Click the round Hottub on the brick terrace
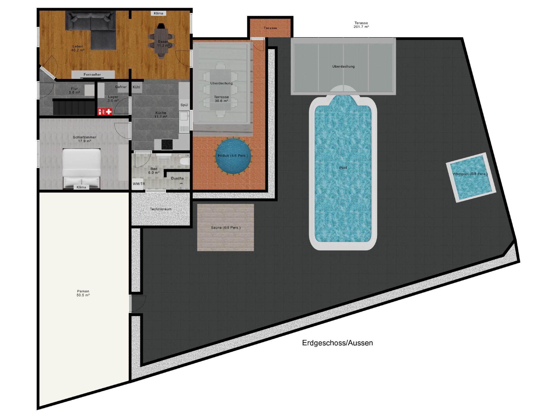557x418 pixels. point(233,156)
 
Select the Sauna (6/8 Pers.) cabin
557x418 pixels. point(225,228)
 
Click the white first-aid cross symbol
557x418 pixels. point(109,112)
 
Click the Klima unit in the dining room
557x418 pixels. point(158,13)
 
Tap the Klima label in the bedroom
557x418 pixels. point(81,187)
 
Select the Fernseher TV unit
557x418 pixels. point(92,75)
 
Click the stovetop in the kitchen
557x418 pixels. point(167,145)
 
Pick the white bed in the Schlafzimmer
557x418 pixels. point(82,169)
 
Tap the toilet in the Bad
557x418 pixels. point(185,161)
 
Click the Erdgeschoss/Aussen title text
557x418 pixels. point(337,343)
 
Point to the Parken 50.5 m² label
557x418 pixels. point(83,293)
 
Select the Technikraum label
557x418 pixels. point(161,209)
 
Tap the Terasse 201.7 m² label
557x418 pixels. point(361,25)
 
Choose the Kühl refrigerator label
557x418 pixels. point(136,87)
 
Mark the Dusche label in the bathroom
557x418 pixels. point(177,178)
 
